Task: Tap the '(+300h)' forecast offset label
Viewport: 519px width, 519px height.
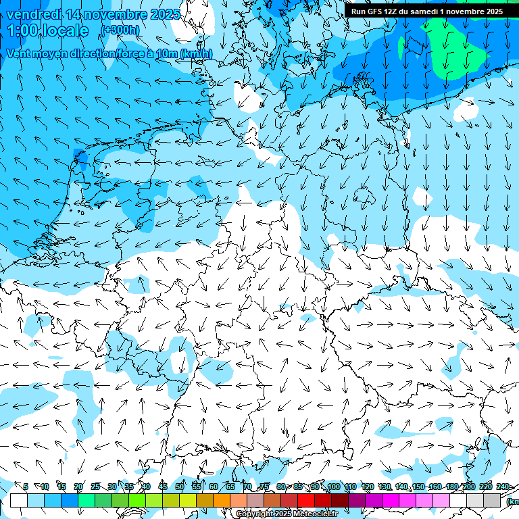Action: (120, 30)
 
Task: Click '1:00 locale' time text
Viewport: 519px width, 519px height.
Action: (48, 30)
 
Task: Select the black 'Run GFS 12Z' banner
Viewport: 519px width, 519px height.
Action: (426, 11)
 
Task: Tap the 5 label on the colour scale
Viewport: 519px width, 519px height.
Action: (26, 487)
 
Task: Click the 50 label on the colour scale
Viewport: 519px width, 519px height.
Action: (179, 487)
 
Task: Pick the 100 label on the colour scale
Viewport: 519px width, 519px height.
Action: (333, 487)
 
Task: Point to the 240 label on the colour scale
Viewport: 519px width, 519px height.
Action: (503, 487)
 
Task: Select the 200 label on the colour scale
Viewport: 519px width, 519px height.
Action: (469, 487)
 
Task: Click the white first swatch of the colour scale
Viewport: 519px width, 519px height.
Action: (18, 500)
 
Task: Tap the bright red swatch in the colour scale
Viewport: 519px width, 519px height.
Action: (306, 500)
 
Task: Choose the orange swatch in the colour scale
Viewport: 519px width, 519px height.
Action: (221, 500)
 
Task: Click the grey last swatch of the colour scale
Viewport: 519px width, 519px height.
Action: (491, 500)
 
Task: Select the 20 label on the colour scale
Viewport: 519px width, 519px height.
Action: (78, 487)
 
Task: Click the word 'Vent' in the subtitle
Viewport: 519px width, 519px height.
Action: (20, 53)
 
